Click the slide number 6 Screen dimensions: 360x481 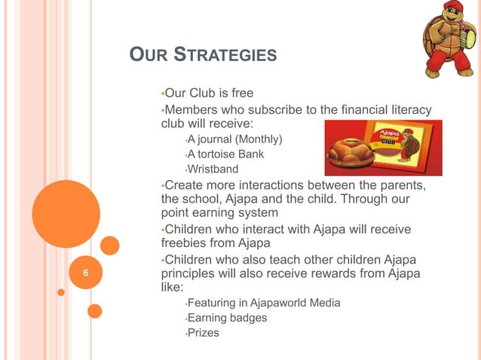[x=85, y=273]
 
